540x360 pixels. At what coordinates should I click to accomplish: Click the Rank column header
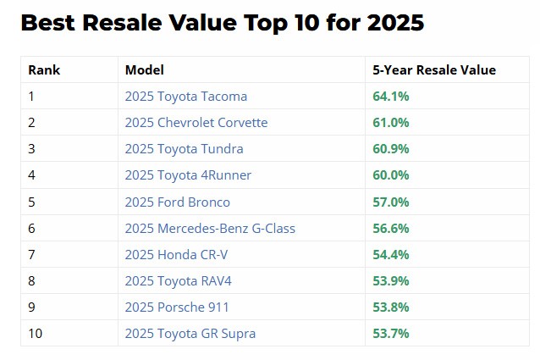pos(44,70)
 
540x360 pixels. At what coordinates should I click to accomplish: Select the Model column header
pos(144,70)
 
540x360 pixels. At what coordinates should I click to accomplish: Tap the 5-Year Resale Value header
pos(434,70)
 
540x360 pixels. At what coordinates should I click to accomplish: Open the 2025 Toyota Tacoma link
pos(186,97)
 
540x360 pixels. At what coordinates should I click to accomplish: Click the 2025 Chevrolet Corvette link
pos(196,123)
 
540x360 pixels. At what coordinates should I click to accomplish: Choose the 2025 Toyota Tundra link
pos(184,149)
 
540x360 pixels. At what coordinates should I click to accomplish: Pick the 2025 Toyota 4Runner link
pos(188,175)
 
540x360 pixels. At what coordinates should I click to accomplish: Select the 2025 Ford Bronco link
pos(178,202)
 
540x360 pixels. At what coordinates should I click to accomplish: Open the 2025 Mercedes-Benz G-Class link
pos(210,229)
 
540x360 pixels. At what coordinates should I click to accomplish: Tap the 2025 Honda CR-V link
pos(176,255)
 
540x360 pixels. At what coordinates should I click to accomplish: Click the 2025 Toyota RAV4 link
pos(178,280)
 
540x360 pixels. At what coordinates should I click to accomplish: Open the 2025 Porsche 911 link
pos(177,307)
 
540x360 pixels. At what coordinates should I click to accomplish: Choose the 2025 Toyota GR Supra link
pos(190,334)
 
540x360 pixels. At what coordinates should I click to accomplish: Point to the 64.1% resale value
pos(391,97)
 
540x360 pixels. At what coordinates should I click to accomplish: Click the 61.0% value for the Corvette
pos(391,123)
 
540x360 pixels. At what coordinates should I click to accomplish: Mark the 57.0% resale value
pos(391,202)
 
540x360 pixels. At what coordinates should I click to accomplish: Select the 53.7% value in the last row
pos(391,334)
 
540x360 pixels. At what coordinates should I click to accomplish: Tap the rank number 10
pos(36,334)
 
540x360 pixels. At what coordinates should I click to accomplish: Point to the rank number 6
pos(31,229)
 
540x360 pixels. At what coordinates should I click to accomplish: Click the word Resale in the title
pos(122,23)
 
